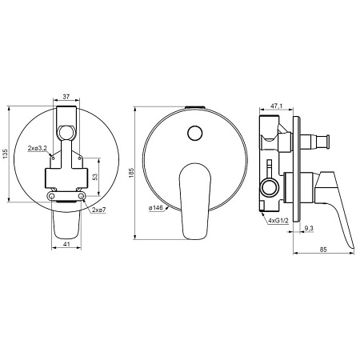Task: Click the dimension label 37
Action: [x=66, y=97]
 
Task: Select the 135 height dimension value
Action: [x=6, y=154]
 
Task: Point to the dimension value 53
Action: [x=95, y=177]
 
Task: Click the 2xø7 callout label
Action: [x=99, y=210]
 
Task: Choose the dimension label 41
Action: [x=66, y=244]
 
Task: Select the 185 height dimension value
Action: [x=131, y=173]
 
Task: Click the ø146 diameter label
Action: [x=156, y=208]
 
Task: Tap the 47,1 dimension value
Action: [x=277, y=106]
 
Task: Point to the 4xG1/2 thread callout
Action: [x=278, y=221]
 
